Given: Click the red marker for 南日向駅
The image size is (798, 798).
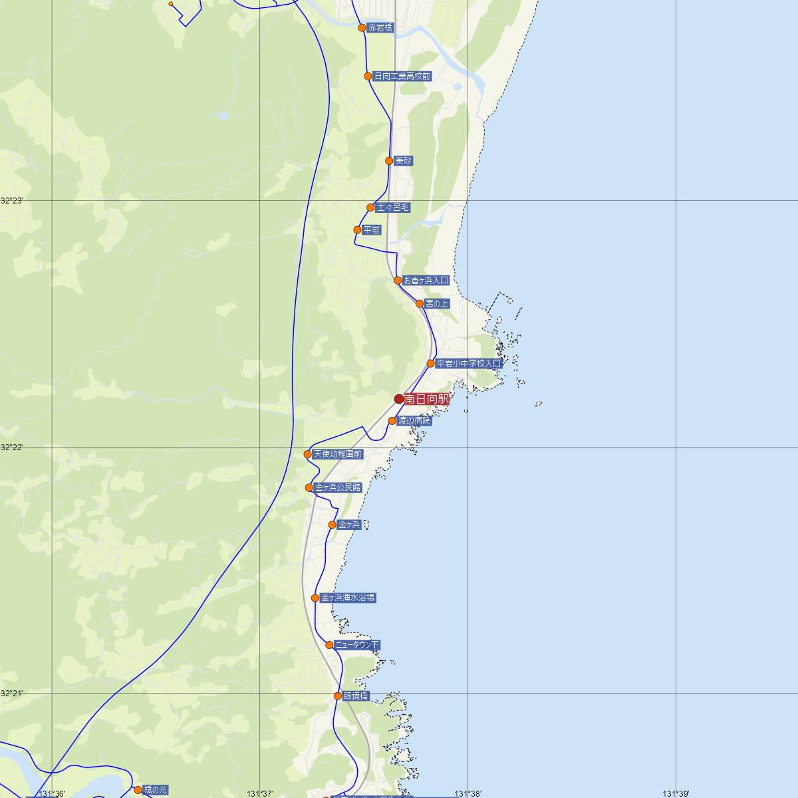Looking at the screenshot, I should tap(399, 399).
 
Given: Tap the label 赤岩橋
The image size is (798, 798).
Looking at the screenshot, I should tap(380, 28).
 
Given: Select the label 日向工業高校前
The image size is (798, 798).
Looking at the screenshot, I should tap(402, 76).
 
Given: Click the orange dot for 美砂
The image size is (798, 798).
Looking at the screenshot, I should tap(389, 161).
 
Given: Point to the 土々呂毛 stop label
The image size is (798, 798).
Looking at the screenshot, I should tap(393, 207).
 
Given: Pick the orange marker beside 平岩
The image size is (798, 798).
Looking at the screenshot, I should tap(357, 230).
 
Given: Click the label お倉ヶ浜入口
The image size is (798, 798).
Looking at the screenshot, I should tap(426, 281).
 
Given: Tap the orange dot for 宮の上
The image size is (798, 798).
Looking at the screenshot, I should tap(420, 304).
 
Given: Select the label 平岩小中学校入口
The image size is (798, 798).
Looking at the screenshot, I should tap(468, 364).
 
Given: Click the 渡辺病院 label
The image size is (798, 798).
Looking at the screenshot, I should tap(414, 421).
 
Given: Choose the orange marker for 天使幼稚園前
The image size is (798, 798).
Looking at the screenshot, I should tap(308, 454).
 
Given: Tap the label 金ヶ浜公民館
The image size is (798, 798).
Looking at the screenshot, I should tap(338, 487).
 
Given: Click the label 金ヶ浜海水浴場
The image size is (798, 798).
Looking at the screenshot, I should tap(348, 598).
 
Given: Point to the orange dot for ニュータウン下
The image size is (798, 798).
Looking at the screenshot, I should tap(329, 645).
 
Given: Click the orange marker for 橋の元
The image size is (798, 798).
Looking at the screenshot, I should tap(138, 790).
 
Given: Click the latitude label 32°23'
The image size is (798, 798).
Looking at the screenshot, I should tap(11, 200).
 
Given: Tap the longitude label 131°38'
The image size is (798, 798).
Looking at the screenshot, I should tap(467, 793).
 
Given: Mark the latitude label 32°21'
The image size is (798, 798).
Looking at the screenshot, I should tap(11, 693).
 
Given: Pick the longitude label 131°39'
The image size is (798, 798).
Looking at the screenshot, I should tap(676, 793).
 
